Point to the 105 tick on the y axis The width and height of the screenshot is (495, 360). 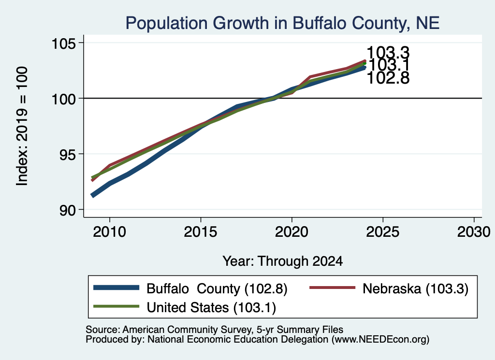coord(64,43)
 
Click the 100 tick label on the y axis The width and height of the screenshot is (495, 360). coord(64,99)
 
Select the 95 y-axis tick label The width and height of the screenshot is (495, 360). coord(68,154)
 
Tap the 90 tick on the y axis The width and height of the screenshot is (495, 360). coord(68,210)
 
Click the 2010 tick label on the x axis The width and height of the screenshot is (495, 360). coord(110,232)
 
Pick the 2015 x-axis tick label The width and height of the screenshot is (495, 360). coord(201,232)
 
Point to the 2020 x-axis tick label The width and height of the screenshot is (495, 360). coord(291,232)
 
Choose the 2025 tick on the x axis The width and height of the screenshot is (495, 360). coord(383,232)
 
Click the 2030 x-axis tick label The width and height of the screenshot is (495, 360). coord(474,232)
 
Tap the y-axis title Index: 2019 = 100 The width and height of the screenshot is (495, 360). coord(22,126)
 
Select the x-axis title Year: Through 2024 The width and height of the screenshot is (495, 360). coord(282,261)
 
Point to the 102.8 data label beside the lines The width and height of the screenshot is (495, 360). coord(388,78)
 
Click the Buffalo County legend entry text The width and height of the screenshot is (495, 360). coord(217,288)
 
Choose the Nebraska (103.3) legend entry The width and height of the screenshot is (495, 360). coord(415,288)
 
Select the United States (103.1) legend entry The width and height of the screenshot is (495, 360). coord(211,307)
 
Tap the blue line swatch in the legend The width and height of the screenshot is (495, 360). coord(116,288)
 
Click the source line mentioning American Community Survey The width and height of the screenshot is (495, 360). coord(214,330)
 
